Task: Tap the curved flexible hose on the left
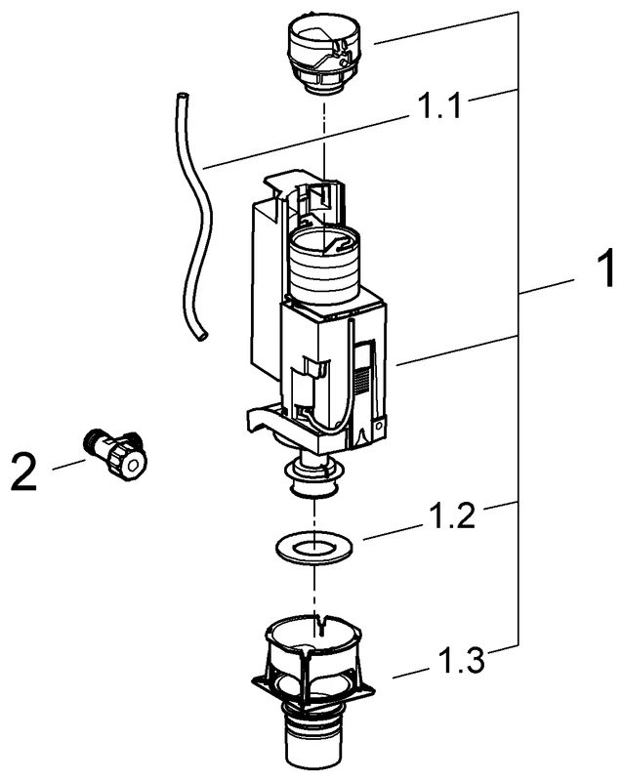(201, 215)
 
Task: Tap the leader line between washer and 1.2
(391, 530)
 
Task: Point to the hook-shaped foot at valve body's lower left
(261, 420)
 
